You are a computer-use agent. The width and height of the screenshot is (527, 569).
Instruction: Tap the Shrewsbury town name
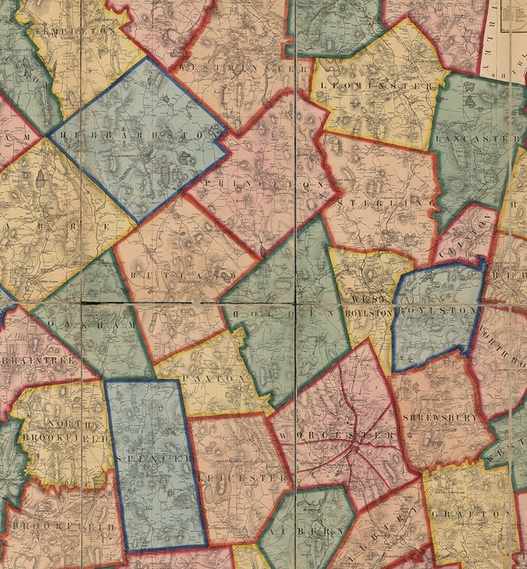(x=440, y=418)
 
